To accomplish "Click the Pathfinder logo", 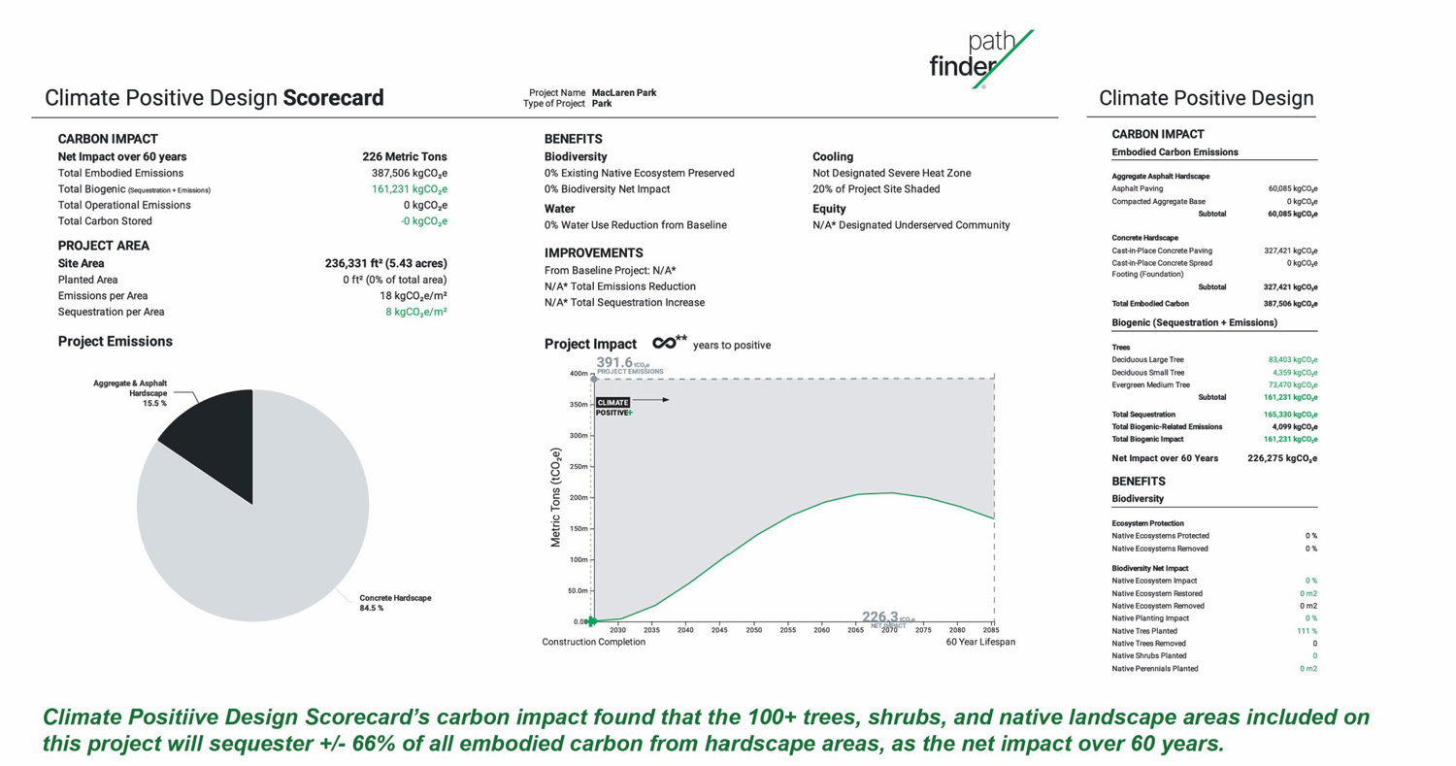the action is (980, 58).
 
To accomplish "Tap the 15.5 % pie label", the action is (154, 403).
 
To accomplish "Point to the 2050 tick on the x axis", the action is (753, 629).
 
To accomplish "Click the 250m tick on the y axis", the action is (579, 467).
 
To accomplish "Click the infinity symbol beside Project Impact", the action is (664, 343).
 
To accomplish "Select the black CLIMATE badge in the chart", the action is (612, 403).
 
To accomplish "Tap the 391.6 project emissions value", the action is (614, 362).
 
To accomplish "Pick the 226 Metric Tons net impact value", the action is (405, 156).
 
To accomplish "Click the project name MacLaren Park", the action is (624, 93).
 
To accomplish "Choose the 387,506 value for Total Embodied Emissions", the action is (409, 173).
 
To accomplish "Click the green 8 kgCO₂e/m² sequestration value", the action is (416, 312).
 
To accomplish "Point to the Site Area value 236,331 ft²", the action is (386, 263).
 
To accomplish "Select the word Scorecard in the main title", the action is (334, 97).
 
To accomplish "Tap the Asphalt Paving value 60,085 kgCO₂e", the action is (1293, 188).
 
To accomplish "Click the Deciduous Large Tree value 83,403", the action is (1293, 359).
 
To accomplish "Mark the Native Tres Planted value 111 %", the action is (1307, 631).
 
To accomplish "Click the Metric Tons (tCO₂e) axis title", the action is (556, 497).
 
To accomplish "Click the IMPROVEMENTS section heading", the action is (593, 253).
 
